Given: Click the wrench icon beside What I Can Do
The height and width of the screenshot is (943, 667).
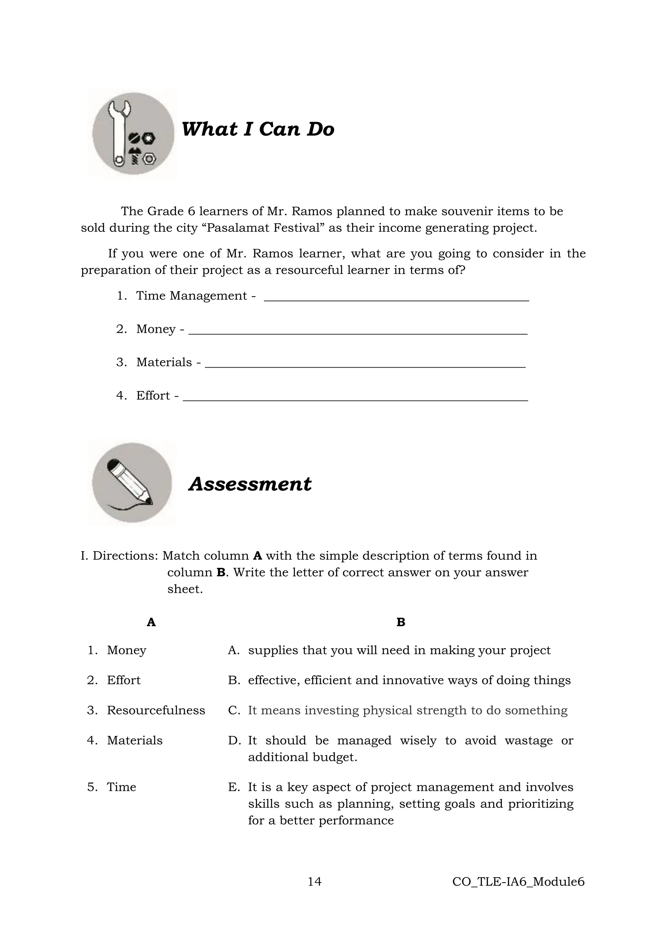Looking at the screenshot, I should click(x=133, y=134).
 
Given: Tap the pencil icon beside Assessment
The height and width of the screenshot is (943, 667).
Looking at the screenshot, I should click(x=132, y=483).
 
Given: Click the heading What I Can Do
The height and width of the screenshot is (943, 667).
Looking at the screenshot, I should click(x=258, y=129).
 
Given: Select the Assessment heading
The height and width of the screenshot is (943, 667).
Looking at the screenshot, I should click(x=250, y=484).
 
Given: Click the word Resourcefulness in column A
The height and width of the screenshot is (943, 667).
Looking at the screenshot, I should click(x=156, y=710).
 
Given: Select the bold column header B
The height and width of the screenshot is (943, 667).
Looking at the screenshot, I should click(x=401, y=622).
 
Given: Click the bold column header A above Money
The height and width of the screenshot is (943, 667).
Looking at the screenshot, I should click(x=151, y=622).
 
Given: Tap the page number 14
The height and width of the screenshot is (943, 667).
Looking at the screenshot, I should click(x=314, y=881).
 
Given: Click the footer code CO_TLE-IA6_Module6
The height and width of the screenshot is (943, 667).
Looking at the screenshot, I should click(x=518, y=881).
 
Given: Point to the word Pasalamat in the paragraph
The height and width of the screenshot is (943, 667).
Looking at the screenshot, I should click(x=234, y=228).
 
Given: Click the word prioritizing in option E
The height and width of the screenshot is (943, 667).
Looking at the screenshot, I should click(x=541, y=803).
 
